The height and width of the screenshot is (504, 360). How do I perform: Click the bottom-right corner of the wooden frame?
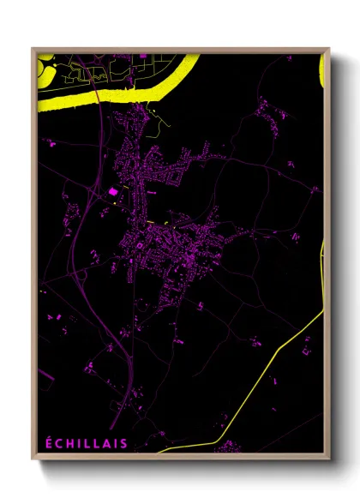(x=329, y=460)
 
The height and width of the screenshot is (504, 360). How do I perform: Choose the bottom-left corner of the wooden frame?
(x=33, y=460)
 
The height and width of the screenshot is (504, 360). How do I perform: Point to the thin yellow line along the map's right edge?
(x=324, y=274)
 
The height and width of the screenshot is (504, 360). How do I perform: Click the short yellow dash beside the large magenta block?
(x=124, y=183)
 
